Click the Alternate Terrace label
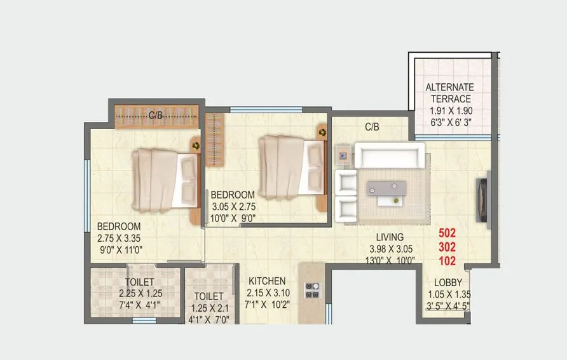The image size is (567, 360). pos(449,93)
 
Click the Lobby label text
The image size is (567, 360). pos(447,283)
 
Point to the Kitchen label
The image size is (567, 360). pos(267,281)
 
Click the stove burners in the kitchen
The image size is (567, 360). pos(312,290)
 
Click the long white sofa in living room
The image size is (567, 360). pos(389,155)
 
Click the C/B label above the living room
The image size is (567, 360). pos(372,127)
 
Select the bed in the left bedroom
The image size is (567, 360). pos(164,180)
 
